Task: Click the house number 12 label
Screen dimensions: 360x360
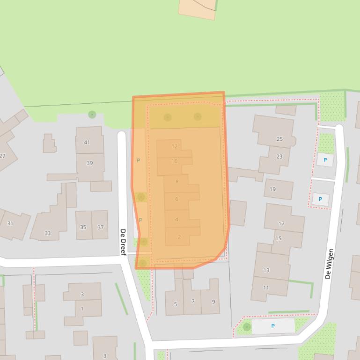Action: (175, 146)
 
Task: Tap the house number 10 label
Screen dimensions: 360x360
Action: (175, 161)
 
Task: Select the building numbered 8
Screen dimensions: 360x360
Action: (177, 181)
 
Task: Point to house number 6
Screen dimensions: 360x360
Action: (177, 199)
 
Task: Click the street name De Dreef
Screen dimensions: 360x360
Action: (123, 242)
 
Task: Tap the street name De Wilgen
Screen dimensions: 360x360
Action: (330, 264)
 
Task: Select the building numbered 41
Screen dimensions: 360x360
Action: (87, 142)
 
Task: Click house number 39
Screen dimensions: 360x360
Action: (89, 163)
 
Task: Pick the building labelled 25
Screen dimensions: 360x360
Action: (279, 139)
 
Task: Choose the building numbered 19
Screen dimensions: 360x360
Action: (272, 189)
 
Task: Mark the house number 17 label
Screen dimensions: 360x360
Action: (281, 223)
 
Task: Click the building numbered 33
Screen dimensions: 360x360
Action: (48, 233)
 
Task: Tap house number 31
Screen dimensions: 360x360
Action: (10, 223)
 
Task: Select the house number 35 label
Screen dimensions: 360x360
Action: (83, 227)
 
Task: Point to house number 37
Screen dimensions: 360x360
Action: (101, 227)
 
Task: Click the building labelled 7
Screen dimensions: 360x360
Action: (193, 301)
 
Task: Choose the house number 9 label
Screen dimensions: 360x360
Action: (213, 302)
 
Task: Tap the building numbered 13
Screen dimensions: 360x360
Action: (266, 270)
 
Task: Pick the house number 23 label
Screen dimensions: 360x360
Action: (279, 157)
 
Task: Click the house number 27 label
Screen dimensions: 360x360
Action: (2, 156)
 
